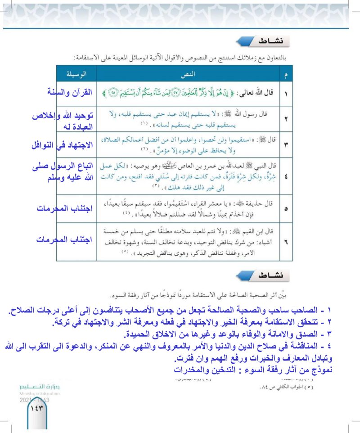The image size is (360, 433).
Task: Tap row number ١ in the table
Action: coord(286,94)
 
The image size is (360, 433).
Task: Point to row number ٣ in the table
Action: coord(286,145)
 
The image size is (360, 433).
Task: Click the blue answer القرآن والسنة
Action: coord(69,93)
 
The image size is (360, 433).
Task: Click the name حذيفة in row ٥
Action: coord(250,201)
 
